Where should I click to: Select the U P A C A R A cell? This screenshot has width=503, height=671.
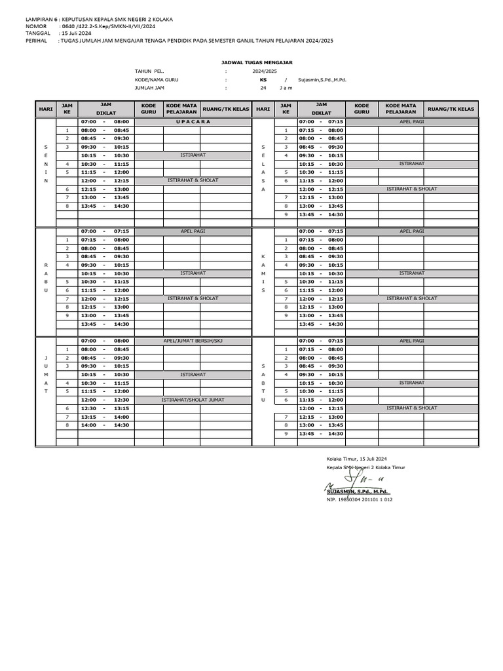tap(193, 122)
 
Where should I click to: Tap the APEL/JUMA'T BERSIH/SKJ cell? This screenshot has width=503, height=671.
tap(193, 341)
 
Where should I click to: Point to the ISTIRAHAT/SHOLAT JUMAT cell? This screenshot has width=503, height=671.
tap(193, 399)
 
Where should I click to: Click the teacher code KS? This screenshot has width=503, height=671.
tap(263, 79)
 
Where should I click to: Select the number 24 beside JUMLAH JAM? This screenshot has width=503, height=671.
tap(263, 87)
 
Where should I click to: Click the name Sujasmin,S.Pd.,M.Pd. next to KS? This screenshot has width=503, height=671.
tap(322, 79)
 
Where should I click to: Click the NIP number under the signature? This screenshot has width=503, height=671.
tap(359, 499)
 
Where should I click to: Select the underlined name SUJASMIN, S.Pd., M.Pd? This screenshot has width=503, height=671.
tap(358, 491)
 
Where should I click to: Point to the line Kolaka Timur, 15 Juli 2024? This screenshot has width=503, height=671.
tap(357, 458)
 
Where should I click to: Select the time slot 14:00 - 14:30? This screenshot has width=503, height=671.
tap(104, 425)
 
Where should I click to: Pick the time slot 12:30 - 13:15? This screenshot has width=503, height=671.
tap(104, 408)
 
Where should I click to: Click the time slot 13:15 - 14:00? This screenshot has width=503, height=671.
tap(104, 417)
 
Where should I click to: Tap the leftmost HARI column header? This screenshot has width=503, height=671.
tap(45, 109)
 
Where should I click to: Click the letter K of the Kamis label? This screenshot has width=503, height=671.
tap(263, 256)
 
